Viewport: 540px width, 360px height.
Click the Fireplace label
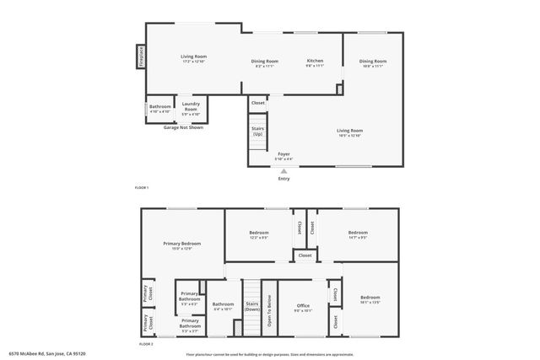point(141,56)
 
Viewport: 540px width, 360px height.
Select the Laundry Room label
point(191,109)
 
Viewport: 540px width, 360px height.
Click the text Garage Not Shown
point(183,126)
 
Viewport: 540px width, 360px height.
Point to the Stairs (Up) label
point(257,132)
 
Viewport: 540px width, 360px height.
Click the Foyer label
point(283,154)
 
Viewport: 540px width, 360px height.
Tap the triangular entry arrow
point(283,170)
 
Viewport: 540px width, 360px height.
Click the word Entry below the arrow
point(283,178)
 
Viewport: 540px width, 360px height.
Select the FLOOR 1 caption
point(142,187)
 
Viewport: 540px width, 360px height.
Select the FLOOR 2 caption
point(146,344)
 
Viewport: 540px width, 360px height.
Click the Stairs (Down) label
point(251,306)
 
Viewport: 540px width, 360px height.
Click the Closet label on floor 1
point(258,103)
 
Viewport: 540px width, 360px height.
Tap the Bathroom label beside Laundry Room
point(160,106)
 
